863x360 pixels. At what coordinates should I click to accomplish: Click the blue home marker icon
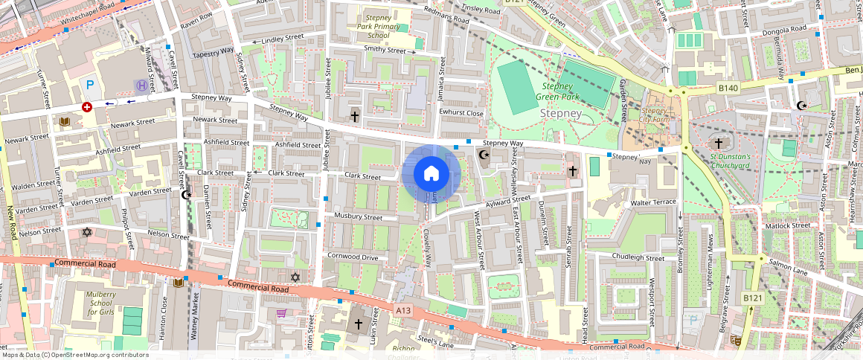tap(431, 174)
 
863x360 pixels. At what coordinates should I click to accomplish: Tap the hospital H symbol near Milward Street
tap(141, 86)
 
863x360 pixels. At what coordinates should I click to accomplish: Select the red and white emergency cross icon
tap(87, 107)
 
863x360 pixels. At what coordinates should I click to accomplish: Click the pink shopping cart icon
tap(282, 313)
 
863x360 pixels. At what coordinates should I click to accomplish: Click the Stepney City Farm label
tap(654, 116)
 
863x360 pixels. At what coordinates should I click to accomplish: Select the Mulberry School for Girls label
tap(100, 303)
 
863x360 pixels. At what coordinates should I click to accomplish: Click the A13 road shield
tap(403, 310)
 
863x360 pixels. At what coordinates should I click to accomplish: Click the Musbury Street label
tap(358, 217)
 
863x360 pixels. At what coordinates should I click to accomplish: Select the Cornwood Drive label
tap(353, 257)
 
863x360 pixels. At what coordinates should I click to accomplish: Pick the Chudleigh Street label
tap(638, 258)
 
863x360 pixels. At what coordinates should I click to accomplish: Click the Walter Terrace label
tap(652, 202)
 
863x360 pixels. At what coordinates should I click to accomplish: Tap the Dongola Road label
tap(786, 29)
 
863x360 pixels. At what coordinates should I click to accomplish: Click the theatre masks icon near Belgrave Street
tap(735, 340)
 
